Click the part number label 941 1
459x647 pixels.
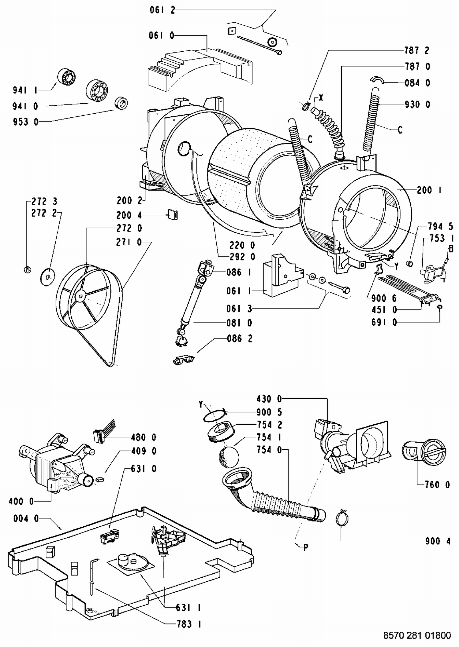[25, 90]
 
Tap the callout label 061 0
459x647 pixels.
[162, 35]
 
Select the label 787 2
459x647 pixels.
[417, 50]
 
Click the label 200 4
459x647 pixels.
[129, 215]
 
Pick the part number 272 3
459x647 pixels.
[44, 202]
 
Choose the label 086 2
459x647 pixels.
[240, 338]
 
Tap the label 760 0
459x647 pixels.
[438, 484]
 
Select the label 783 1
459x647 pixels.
[189, 624]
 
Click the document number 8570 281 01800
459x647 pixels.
[417, 636]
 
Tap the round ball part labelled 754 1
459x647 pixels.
[229, 457]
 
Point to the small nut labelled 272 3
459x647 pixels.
[27, 269]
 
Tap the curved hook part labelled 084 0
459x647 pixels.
[377, 79]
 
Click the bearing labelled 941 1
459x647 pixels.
[67, 77]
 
